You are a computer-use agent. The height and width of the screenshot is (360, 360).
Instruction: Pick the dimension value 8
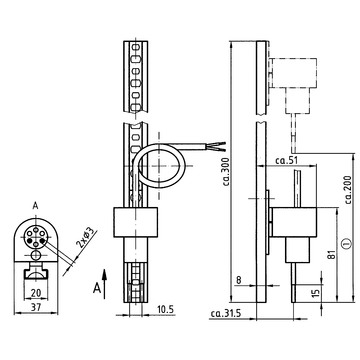pyautogui.click(x=236, y=282)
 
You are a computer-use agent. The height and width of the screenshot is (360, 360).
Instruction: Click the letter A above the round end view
pyautogui.click(x=35, y=206)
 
